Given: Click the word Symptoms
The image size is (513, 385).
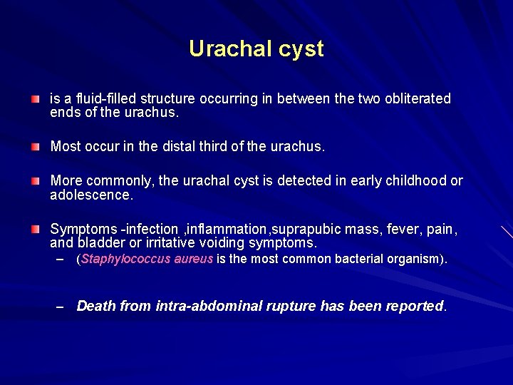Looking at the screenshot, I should (x=83, y=230).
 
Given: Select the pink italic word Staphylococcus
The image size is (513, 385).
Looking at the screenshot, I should (x=125, y=260).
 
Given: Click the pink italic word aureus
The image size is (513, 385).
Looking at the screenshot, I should (x=193, y=260).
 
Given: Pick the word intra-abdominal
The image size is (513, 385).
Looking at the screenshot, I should (x=201, y=306).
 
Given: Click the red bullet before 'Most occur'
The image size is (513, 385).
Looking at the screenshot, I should (x=35, y=147).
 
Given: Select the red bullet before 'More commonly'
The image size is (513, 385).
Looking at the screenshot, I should (x=35, y=181).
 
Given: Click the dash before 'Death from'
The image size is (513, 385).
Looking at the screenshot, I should (x=61, y=307).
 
